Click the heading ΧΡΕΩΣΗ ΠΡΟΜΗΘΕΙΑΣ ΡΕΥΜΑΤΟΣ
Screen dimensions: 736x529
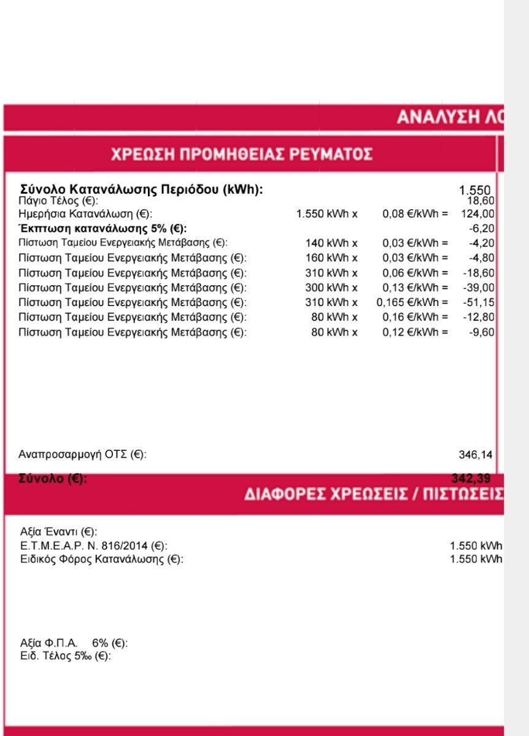click(241, 153)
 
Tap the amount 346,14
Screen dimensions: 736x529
click(475, 454)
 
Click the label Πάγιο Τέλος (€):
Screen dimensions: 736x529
click(58, 201)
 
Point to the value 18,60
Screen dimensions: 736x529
click(481, 201)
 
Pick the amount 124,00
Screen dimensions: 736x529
click(477, 214)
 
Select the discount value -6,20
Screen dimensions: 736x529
click(481, 229)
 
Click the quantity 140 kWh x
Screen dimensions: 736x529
click(331, 243)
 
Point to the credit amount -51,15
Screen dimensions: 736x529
click(479, 302)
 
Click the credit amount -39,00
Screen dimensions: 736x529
click(479, 288)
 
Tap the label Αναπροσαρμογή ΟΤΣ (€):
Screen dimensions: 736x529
click(83, 454)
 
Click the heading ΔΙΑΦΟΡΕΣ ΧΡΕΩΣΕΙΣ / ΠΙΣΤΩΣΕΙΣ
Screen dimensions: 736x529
click(374, 494)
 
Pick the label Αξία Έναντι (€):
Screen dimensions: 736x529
click(59, 532)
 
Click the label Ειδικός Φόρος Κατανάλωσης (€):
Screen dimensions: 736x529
click(102, 559)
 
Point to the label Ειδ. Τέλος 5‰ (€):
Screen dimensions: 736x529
click(66, 656)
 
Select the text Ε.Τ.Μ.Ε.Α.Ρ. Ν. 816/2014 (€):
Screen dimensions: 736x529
click(94, 545)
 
